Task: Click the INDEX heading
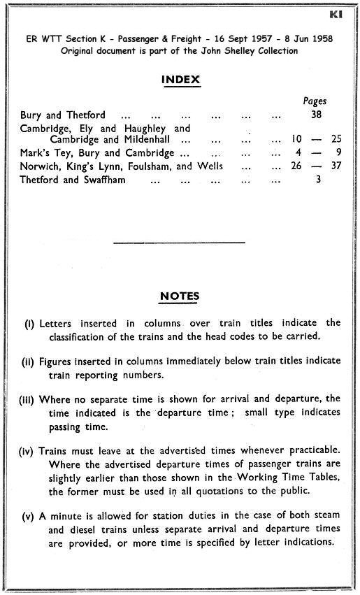click(x=180, y=80)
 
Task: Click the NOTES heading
click(x=180, y=296)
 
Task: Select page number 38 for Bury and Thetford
click(x=316, y=115)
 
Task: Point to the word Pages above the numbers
click(x=315, y=101)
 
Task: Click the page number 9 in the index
click(x=337, y=153)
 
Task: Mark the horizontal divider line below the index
click(x=180, y=242)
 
